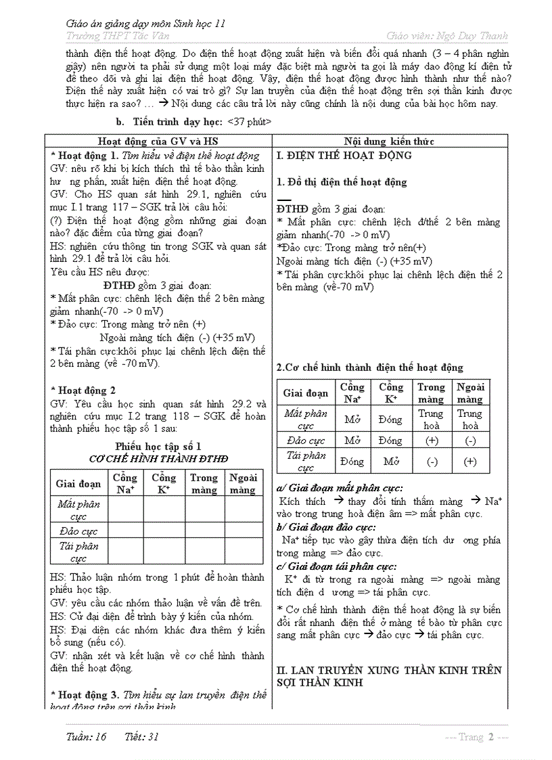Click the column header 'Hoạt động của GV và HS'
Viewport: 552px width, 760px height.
(158, 141)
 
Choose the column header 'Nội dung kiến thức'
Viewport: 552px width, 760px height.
(389, 141)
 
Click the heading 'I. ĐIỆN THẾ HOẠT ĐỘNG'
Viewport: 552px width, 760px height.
(344, 156)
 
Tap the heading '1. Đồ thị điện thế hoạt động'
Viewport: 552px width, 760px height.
(342, 182)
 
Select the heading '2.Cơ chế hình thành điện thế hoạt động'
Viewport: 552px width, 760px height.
(370, 367)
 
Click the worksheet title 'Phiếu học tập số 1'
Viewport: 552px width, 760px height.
(158, 447)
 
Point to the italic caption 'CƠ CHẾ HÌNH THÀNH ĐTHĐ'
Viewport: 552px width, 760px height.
(158, 459)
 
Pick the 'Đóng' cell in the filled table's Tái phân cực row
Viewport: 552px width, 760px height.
(352, 462)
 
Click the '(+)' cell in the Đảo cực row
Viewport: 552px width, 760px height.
(431, 441)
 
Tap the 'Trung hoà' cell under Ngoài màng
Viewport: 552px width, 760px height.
(470, 420)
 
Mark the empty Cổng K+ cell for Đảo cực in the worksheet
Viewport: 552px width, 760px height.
(164, 531)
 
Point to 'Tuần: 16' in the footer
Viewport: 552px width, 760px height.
(87, 737)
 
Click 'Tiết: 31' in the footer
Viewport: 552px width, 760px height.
(142, 737)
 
